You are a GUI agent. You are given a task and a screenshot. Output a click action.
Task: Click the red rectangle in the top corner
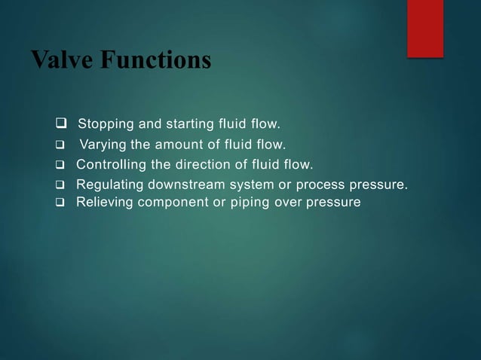click(x=425, y=28)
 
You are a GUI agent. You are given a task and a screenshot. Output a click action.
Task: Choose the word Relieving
click(x=105, y=201)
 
